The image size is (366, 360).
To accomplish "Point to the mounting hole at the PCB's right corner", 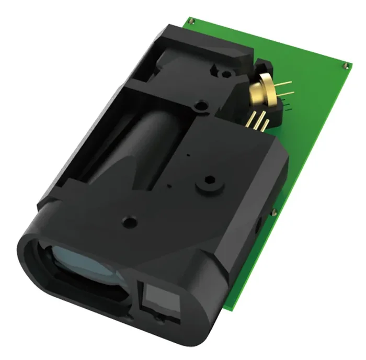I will tap(346, 65).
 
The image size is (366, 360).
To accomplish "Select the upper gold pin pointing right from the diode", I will tap(285, 84).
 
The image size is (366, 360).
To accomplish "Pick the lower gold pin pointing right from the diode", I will tap(287, 96).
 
